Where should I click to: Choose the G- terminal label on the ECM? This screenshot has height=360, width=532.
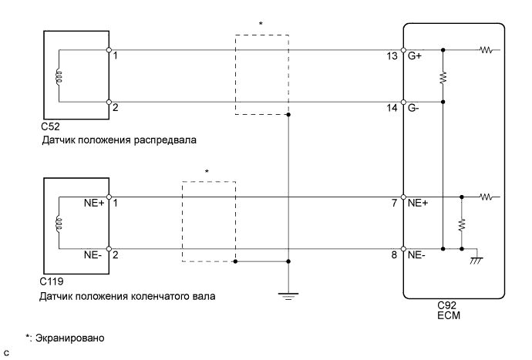(x=413, y=109)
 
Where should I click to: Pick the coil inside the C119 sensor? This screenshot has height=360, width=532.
(x=58, y=223)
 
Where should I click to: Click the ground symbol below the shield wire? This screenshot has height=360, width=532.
(x=288, y=296)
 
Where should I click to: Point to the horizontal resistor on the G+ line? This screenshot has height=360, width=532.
(x=486, y=52)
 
